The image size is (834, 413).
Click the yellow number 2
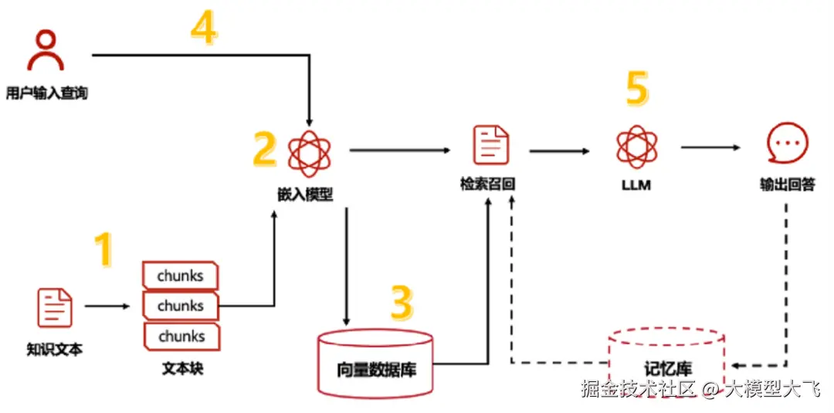pos(264,149)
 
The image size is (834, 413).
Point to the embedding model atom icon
pos(309,151)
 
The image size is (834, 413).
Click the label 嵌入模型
pos(307,194)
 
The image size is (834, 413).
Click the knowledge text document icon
pos(54,307)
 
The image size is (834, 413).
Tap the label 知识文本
pos(54,350)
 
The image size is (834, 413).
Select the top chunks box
pos(180,276)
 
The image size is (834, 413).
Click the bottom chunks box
pos(181,337)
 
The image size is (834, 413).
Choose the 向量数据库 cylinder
pos(376,364)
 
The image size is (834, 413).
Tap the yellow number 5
pos(636,90)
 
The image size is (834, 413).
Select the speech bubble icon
pos(787,145)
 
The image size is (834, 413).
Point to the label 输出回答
pos(787,185)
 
